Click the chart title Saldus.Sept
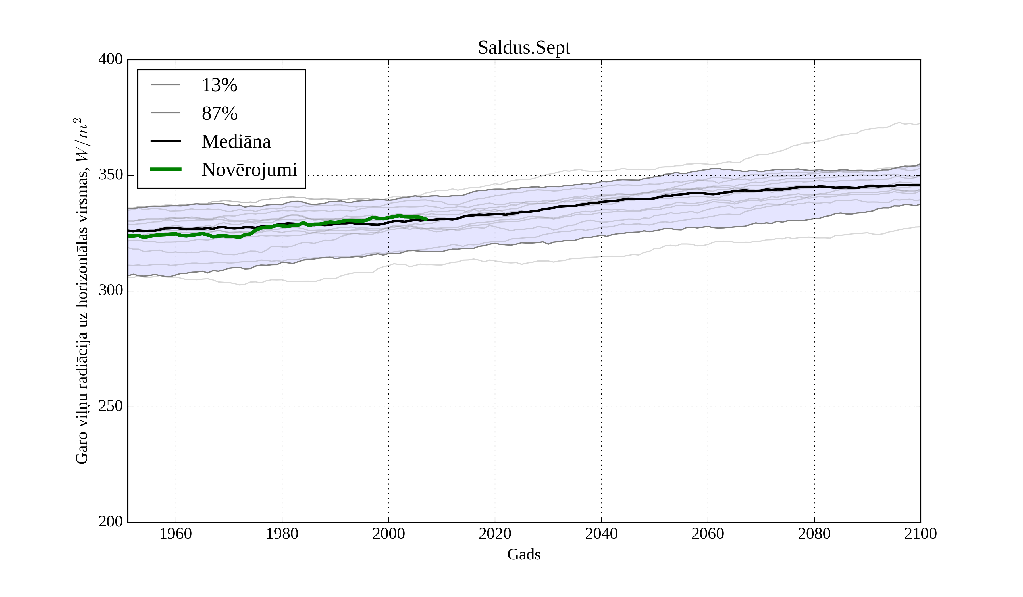point(524,48)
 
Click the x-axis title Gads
point(524,554)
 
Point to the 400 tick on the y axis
point(111,59)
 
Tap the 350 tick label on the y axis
point(111,175)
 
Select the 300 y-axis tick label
point(111,291)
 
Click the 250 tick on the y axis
point(111,406)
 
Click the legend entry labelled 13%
point(219,85)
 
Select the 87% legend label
point(219,113)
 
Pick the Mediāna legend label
point(236,142)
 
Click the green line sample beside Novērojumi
point(166,169)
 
